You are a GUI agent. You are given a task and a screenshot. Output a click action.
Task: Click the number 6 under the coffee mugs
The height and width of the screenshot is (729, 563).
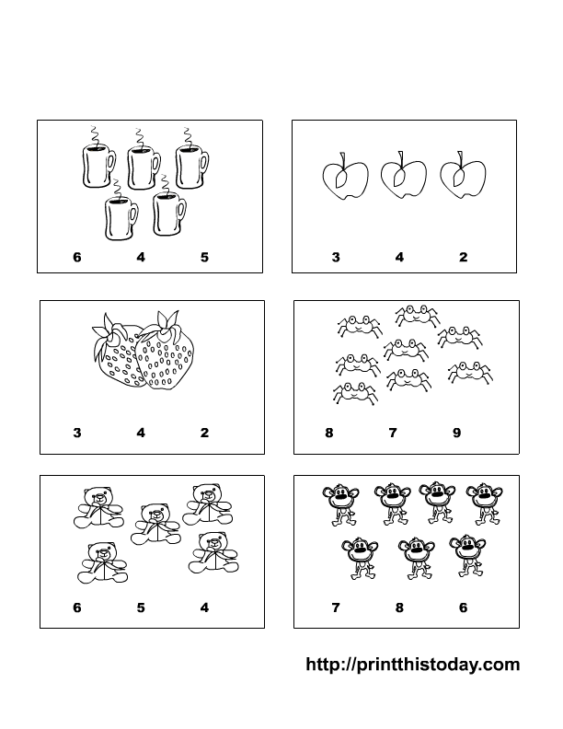click(x=77, y=257)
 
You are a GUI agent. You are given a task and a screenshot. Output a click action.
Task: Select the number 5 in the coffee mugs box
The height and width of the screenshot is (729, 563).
click(x=204, y=257)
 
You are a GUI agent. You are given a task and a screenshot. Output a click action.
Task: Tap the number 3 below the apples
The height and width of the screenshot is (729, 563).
click(x=336, y=257)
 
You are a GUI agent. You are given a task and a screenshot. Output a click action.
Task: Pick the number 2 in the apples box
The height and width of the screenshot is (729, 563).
click(x=463, y=257)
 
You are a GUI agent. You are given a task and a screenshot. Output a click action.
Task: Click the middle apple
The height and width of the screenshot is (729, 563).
click(x=403, y=175)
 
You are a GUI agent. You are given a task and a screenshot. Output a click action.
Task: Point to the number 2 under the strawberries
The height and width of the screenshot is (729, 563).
click(x=204, y=433)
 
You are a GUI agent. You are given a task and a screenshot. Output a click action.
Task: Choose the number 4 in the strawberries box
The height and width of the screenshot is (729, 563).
click(x=141, y=433)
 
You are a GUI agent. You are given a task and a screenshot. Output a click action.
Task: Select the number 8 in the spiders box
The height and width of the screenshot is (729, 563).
click(x=329, y=433)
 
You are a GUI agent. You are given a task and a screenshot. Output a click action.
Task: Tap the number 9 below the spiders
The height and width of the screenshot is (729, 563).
click(x=456, y=433)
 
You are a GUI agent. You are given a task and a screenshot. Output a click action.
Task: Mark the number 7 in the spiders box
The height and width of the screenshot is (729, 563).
click(x=393, y=433)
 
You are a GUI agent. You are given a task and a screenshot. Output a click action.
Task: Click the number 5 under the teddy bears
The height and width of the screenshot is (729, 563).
click(x=141, y=607)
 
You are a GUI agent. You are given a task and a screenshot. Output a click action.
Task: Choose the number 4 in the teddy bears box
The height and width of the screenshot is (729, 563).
click(x=204, y=607)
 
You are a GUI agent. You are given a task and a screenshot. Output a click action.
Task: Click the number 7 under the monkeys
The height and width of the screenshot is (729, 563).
click(x=336, y=607)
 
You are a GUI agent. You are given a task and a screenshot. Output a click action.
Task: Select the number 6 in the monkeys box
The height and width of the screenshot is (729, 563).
click(x=463, y=607)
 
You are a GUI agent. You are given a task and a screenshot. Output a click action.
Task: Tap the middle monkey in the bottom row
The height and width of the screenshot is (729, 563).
click(x=416, y=558)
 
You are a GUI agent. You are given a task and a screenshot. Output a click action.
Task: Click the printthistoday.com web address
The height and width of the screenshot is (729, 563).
click(x=412, y=665)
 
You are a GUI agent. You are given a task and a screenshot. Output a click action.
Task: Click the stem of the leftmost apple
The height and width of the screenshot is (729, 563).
click(x=343, y=159)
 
